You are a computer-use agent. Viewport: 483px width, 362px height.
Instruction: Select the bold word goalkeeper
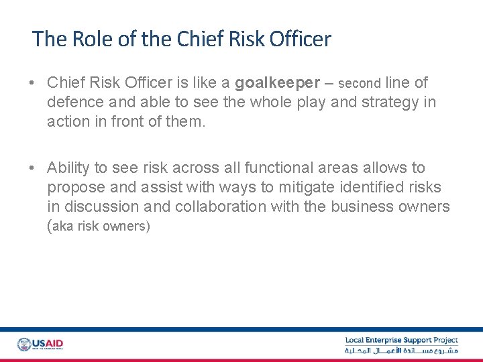pyautogui.click(x=278, y=83)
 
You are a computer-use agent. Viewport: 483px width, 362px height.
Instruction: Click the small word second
pyautogui.click(x=360, y=84)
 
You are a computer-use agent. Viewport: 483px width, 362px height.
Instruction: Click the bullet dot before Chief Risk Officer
pyautogui.click(x=32, y=83)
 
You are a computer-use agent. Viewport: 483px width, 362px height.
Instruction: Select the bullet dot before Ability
pyautogui.click(x=32, y=168)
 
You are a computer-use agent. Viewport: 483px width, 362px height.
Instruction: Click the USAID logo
pyautogui.click(x=40, y=345)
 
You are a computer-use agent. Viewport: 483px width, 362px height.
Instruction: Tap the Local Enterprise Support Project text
pyautogui.click(x=401, y=341)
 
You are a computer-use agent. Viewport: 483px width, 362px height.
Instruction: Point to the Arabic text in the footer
pyautogui.click(x=401, y=351)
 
